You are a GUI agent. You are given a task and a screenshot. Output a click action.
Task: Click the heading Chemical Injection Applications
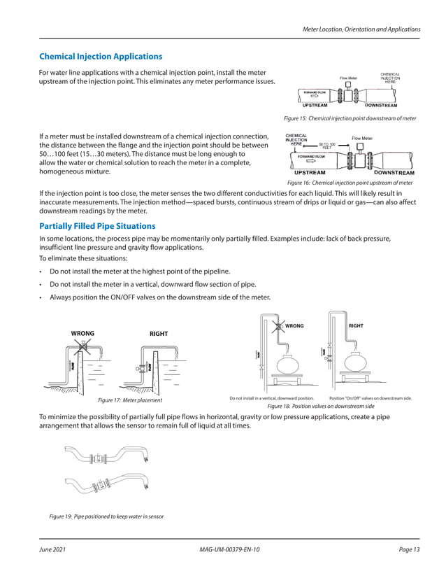coord(101,56)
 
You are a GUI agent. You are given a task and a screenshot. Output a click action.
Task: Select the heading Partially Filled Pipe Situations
coord(97,226)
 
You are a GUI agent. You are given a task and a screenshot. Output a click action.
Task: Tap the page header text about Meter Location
coord(361,29)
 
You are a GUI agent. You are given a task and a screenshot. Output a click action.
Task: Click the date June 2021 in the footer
coord(52,550)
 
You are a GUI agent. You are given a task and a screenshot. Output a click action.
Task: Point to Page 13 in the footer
coord(409,550)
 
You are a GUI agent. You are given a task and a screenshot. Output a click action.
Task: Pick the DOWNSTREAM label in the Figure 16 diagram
coord(394,172)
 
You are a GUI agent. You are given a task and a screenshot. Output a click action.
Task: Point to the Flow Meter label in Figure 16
coord(362,139)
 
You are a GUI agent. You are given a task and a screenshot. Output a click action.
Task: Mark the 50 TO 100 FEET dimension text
coord(327,146)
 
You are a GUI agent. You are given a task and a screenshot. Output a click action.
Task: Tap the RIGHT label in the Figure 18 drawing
coord(356,325)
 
